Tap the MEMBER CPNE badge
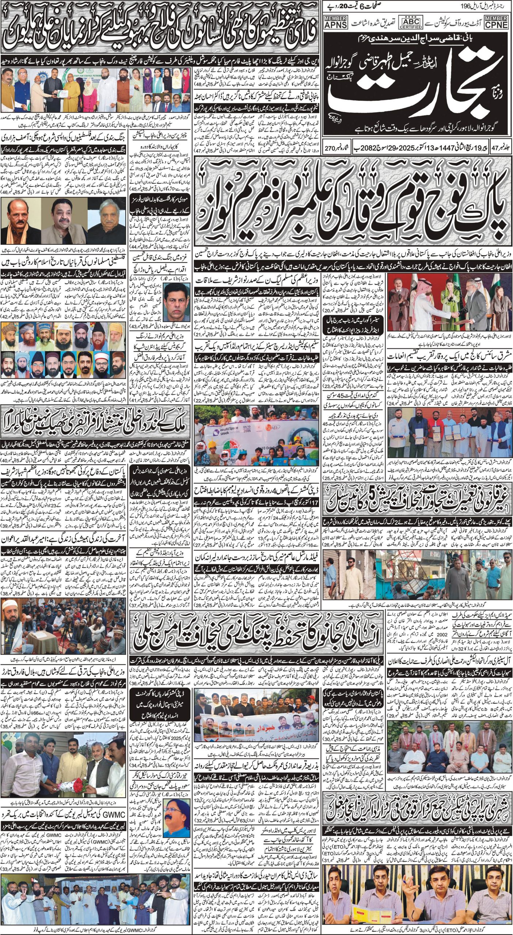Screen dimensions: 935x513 coord(496,22)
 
